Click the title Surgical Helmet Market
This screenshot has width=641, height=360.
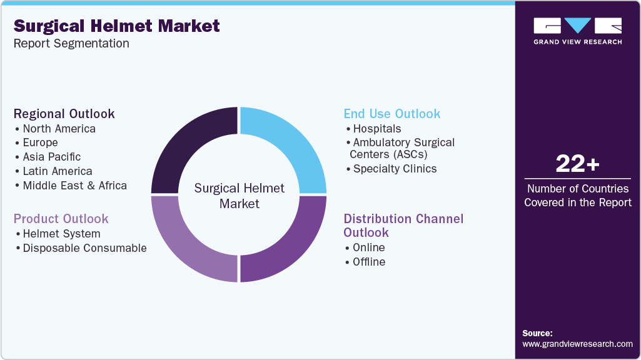coord(117,26)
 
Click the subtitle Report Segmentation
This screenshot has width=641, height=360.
coord(71,44)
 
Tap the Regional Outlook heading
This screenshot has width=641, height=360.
coord(64,114)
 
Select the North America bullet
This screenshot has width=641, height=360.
coord(59,129)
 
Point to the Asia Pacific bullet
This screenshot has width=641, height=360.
coord(51,157)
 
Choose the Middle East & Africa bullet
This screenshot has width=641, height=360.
coord(74,186)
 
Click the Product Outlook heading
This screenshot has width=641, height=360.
coord(61,219)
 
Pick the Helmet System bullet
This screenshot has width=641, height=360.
coord(61,234)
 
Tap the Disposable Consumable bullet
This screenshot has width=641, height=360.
coord(84,248)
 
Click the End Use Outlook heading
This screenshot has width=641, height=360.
coord(392,114)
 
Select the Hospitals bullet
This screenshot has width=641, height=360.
coord(376,129)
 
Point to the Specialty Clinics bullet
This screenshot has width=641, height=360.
coord(395,169)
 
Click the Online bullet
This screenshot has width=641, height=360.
coord(368,247)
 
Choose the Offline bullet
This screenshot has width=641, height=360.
coord(368,262)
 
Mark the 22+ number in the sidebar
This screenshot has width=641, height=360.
coord(577,164)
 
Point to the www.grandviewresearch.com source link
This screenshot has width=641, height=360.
coord(577,344)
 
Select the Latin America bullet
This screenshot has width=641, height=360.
coord(57,171)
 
